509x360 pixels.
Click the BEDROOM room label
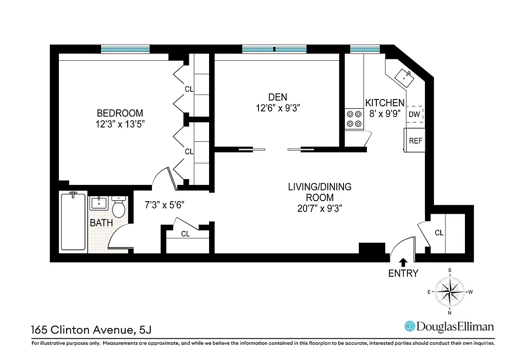[x=120, y=113]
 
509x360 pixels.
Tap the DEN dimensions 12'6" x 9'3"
[x=277, y=108]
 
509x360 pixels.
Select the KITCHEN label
[x=384, y=103]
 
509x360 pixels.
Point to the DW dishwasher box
[x=415, y=114]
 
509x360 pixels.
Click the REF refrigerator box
[x=415, y=140]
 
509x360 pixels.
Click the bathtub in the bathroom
[x=73, y=221]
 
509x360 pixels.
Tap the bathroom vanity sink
[x=98, y=203]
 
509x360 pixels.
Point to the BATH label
[x=101, y=223]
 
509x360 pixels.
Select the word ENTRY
[x=403, y=273]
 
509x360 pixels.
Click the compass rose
[x=450, y=291]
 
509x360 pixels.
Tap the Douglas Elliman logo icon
[x=410, y=326]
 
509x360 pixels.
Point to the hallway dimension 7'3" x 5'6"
[x=164, y=204]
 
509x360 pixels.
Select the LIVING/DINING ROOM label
[x=320, y=197]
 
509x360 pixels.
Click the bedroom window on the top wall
[x=125, y=49]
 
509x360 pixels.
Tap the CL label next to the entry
[x=439, y=233]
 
